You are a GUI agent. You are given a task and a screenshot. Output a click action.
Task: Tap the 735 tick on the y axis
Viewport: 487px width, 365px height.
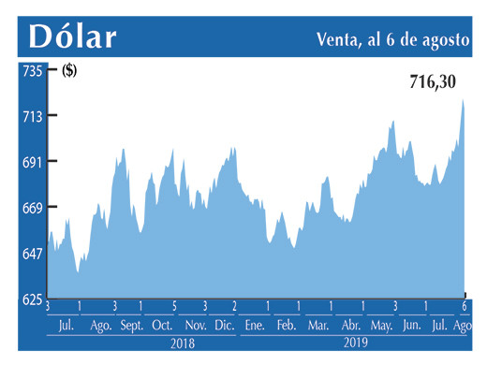click(33, 70)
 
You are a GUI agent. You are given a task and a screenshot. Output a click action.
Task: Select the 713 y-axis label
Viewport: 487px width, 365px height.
click(33, 116)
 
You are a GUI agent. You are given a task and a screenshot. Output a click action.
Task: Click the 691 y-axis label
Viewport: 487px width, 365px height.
click(33, 162)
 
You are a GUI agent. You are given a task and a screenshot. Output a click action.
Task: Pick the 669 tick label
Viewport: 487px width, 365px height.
click(33, 207)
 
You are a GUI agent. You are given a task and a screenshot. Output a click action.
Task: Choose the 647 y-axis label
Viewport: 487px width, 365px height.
click(33, 253)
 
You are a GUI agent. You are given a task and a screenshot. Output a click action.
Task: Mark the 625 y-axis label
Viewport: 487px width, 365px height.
click(33, 299)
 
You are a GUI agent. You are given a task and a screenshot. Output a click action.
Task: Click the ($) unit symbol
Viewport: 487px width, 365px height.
click(69, 70)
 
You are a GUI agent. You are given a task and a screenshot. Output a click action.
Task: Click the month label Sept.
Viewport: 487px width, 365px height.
click(131, 326)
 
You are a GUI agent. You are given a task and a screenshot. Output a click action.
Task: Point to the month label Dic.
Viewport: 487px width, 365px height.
click(225, 326)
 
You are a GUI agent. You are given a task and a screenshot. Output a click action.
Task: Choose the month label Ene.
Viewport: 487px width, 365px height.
click(254, 326)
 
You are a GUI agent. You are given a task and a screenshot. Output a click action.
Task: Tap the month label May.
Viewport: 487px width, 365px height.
click(381, 326)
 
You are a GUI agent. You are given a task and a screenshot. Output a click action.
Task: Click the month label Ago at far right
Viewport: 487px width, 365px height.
click(463, 326)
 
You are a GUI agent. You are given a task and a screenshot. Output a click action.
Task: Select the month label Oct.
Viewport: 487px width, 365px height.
click(162, 326)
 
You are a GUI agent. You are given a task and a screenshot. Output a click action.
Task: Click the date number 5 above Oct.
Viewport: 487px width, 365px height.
click(174, 307)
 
